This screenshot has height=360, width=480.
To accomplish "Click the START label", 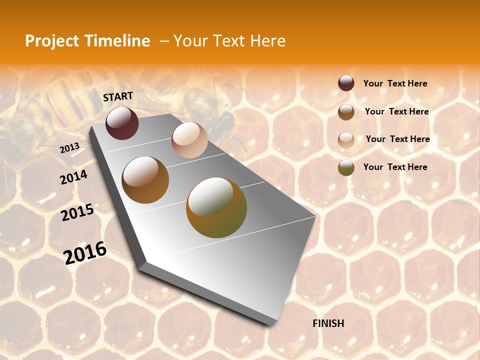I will [118, 96].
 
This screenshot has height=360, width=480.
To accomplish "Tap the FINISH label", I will [328, 323].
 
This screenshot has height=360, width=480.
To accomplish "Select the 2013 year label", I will [69, 147].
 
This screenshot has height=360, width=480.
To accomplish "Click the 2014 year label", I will [73, 177].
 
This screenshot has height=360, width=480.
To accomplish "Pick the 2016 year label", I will [85, 252].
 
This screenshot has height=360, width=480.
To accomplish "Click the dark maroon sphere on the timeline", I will [122, 123].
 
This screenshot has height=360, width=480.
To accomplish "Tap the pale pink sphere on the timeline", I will [189, 139].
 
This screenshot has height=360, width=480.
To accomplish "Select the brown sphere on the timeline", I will [145, 179].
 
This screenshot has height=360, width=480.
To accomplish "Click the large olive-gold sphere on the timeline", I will [216, 207].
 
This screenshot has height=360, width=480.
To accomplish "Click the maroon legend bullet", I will [346, 83].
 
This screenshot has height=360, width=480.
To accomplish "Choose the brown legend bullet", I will [346, 112].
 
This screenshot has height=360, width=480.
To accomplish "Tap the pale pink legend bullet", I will [346, 139].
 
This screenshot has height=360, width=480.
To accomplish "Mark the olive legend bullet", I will [346, 167].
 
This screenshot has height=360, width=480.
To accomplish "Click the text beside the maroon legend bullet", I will [395, 83].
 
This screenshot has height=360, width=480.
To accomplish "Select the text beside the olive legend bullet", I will [395, 167].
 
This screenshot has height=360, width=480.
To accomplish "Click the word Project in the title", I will [52, 41].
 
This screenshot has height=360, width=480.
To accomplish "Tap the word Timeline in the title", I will [117, 41].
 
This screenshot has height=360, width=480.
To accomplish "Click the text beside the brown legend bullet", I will [396, 111].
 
